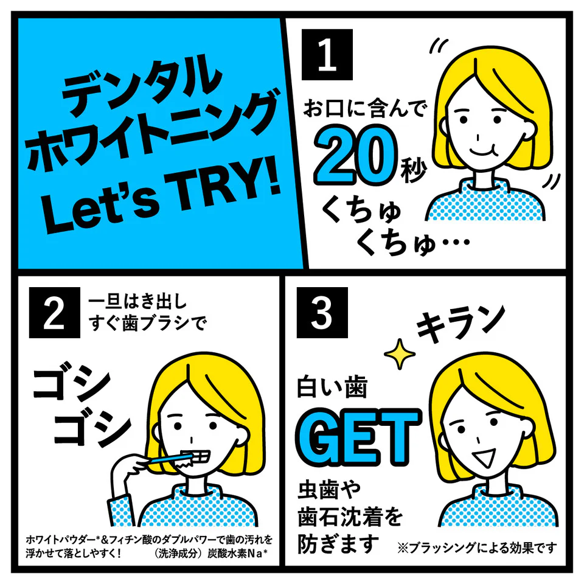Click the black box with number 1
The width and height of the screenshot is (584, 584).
(x=327, y=54)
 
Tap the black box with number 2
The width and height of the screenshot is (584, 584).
(x=54, y=313)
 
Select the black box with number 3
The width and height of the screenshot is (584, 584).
(x=322, y=313)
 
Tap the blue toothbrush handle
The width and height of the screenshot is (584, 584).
(x=168, y=459)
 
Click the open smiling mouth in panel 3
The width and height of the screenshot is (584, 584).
(x=485, y=461)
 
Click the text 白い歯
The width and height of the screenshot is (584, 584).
(x=332, y=388)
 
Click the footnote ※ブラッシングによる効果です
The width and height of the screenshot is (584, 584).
(x=477, y=547)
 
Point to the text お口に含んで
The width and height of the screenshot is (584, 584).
(x=364, y=109)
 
